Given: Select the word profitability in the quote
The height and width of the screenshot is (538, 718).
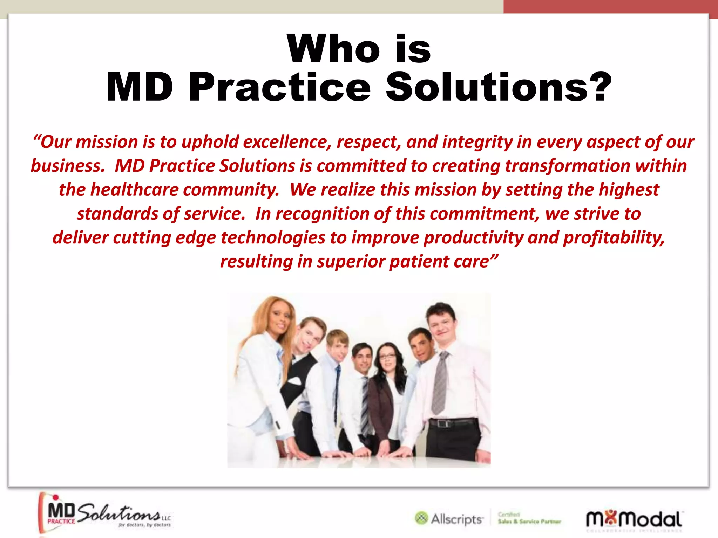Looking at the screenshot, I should [614, 237].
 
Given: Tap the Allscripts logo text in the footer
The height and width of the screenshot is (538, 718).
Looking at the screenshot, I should [456, 519].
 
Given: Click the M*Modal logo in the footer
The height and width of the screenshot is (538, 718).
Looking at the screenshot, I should [634, 519].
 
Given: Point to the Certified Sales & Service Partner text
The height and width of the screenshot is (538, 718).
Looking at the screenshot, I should [529, 518].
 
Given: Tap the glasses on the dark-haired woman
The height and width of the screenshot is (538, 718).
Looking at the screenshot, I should [387, 357].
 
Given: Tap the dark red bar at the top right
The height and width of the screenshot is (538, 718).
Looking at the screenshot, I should [610, 6].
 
